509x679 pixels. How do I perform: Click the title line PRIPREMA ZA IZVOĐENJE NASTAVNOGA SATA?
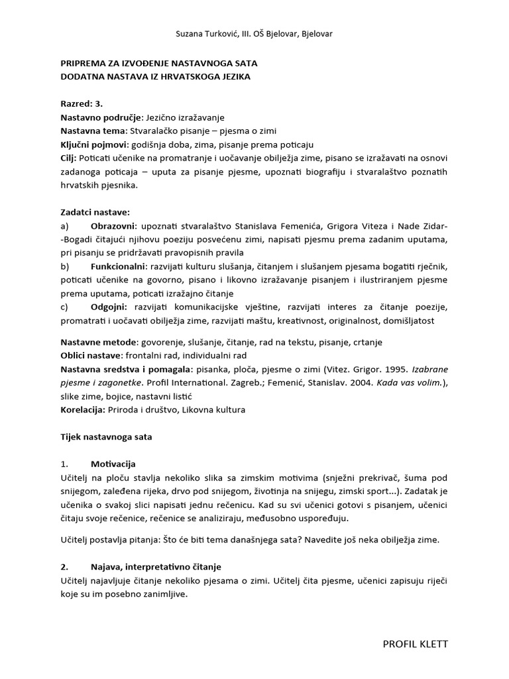(x=159, y=63)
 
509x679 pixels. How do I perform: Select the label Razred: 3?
(x=82, y=104)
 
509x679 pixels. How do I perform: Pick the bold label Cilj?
(x=68, y=158)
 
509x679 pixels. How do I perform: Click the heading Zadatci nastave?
(x=95, y=212)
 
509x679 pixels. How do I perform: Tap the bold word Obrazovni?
(x=115, y=226)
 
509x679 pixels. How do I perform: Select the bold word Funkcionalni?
(x=119, y=267)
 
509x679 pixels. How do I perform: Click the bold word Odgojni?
(x=109, y=307)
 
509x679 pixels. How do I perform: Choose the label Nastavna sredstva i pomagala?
(x=127, y=369)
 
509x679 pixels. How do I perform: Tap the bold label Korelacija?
(x=83, y=410)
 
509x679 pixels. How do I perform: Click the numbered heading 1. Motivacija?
(x=113, y=463)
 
